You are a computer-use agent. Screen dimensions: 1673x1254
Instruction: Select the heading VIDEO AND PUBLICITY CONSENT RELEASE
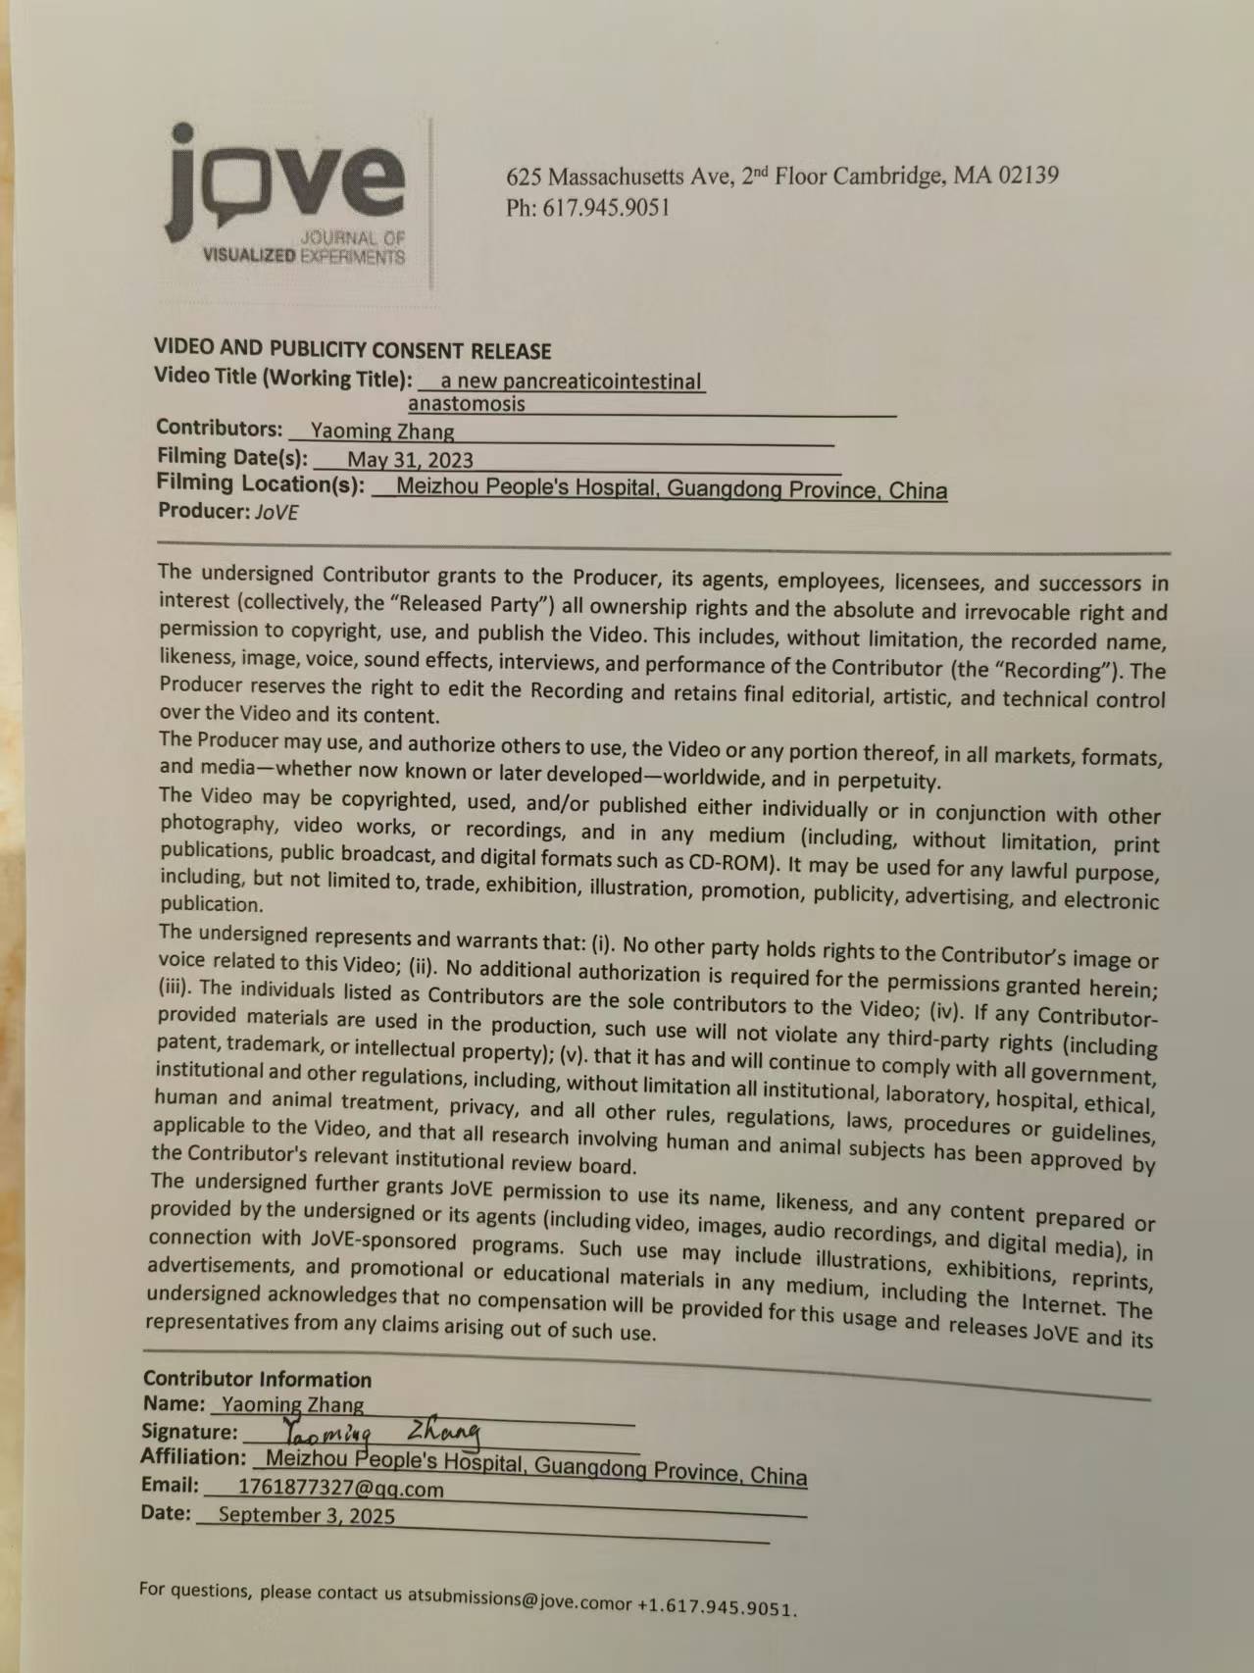[352, 350]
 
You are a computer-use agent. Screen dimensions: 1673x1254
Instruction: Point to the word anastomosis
[466, 404]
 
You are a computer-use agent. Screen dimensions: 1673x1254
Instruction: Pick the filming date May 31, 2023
[410, 460]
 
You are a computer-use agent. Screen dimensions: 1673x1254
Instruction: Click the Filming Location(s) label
[260, 483]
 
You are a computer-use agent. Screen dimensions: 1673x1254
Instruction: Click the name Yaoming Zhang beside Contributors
[381, 431]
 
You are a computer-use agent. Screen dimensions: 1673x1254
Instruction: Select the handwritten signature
[381, 1433]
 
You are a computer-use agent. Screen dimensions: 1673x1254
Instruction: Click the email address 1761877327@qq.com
[340, 1489]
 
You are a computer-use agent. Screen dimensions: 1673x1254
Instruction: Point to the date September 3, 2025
[306, 1515]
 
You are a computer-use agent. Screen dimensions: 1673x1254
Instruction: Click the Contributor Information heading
[257, 1379]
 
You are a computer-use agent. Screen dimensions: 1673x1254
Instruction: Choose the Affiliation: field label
[193, 1457]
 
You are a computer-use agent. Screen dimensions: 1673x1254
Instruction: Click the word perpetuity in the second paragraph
[887, 781]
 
